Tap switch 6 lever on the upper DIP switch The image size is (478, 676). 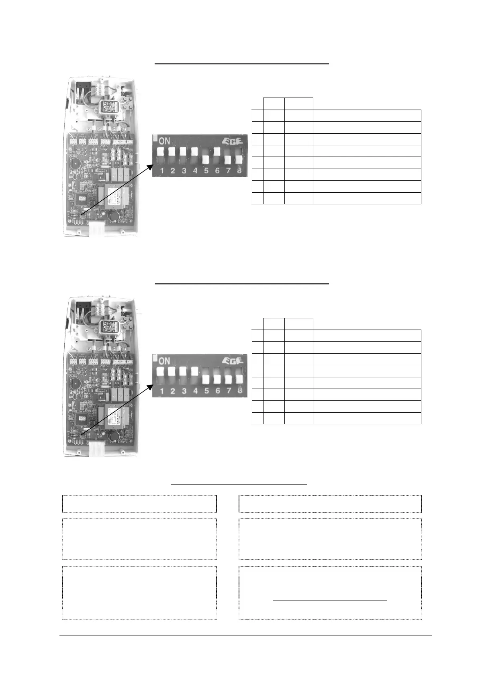pos(217,152)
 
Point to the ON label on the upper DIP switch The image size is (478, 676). pos(165,141)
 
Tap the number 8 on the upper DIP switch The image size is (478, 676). pos(239,171)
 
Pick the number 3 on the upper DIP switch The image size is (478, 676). pos(184,171)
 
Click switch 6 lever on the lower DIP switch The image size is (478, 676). pos(217,379)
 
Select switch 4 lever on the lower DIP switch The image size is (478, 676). pos(195,371)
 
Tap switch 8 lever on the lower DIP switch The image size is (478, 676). pos(239,379)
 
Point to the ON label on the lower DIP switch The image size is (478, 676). pos(165,360)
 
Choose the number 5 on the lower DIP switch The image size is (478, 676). pos(206,391)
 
